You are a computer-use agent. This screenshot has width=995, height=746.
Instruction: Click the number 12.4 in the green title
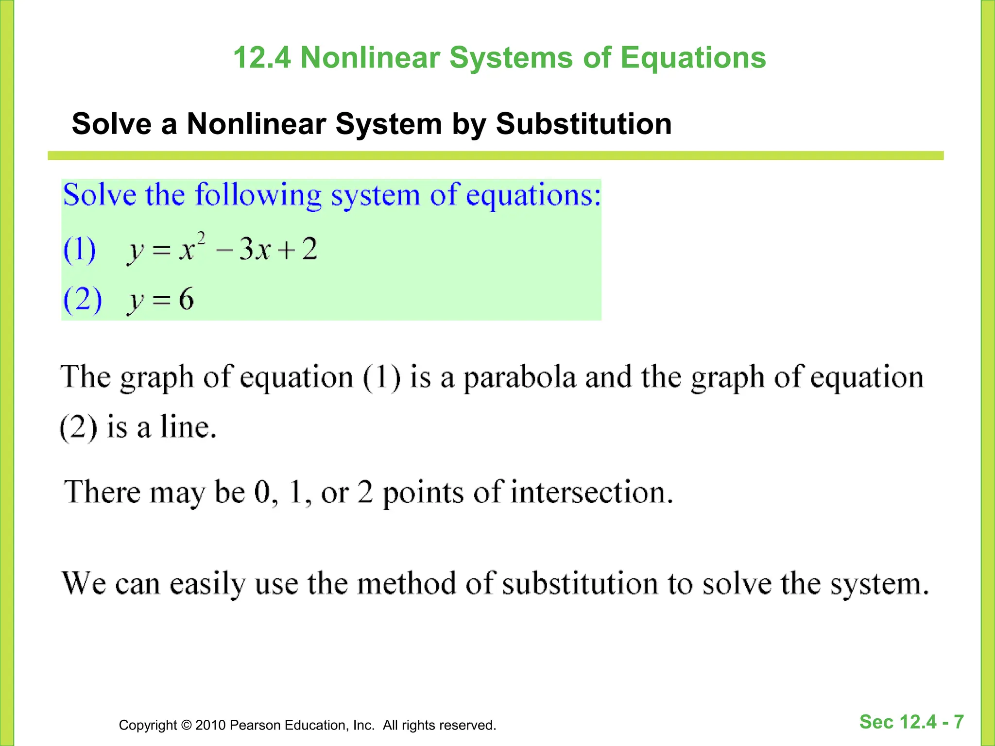(262, 58)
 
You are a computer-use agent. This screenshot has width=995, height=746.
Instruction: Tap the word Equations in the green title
(693, 58)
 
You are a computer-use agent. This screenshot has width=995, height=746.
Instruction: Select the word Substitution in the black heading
(583, 124)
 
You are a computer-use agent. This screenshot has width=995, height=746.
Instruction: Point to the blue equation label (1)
(80, 250)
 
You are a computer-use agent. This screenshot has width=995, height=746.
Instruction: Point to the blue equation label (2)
(83, 299)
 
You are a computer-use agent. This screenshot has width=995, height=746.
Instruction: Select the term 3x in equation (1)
(255, 250)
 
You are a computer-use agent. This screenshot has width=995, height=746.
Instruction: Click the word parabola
(519, 378)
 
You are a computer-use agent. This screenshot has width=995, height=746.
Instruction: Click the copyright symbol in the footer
(186, 725)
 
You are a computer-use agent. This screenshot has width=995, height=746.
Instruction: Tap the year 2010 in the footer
(210, 725)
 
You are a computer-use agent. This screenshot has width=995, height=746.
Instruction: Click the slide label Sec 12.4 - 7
(911, 722)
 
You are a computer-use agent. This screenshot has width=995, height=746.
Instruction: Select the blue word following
(258, 196)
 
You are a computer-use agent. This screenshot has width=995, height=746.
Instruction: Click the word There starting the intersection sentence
(103, 492)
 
